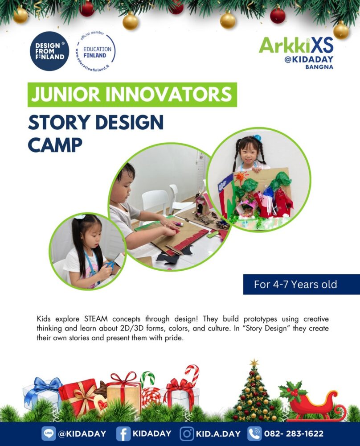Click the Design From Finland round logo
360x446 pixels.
[x=49, y=51]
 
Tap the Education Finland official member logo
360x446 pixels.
[x=95, y=51]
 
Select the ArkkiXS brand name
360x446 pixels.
[x=296, y=45]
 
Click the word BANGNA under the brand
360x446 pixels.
[x=319, y=67]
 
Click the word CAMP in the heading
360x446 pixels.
[x=55, y=145]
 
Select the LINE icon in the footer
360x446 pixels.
[x=49, y=434]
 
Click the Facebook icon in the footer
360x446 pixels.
[x=123, y=434]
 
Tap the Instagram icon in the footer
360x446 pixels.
[x=187, y=434]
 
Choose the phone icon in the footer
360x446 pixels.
[x=254, y=434]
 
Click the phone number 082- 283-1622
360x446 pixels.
[x=294, y=434]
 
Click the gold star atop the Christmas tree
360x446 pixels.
[x=254, y=363]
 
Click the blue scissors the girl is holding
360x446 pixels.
[x=110, y=265]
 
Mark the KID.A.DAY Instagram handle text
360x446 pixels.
[x=218, y=434]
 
